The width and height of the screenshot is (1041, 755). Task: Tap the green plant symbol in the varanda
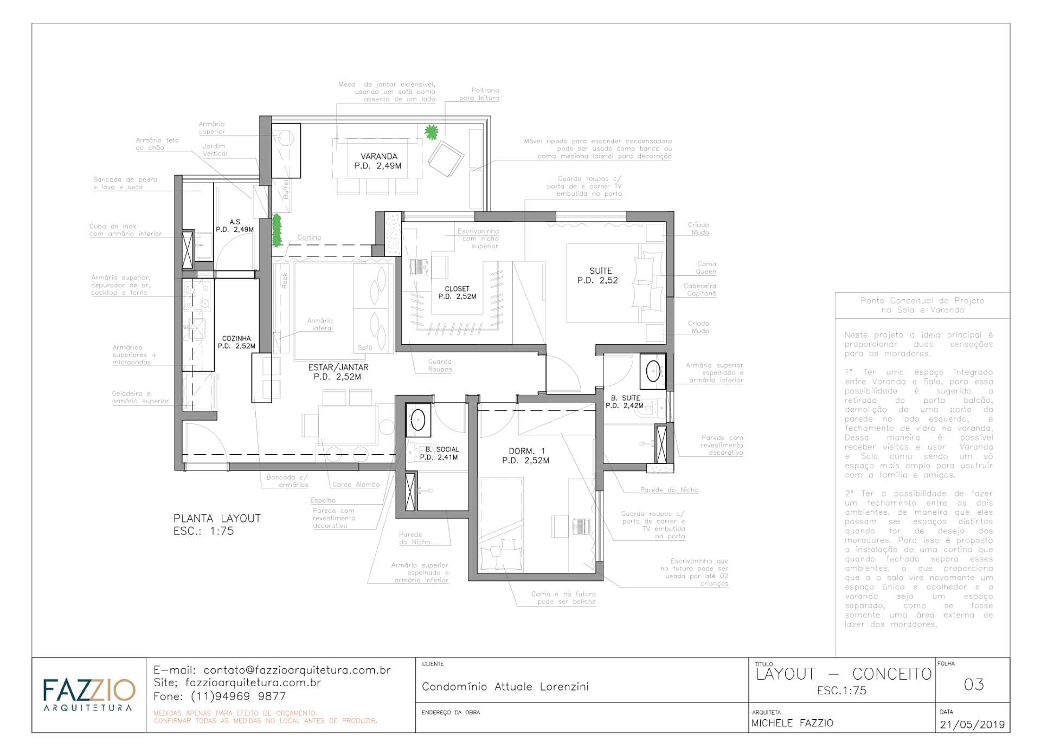pyautogui.click(x=431, y=132)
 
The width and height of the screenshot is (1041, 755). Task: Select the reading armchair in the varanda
pyautogui.click(x=446, y=159)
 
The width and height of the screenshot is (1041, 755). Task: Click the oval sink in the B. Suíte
pyautogui.click(x=653, y=371)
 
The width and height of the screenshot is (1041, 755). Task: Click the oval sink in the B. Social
pyautogui.click(x=418, y=420)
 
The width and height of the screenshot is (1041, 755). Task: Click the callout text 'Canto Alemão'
pyautogui.click(x=356, y=485)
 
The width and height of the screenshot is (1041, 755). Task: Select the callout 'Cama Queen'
pyautogui.click(x=706, y=268)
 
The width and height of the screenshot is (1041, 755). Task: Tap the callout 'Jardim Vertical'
pyautogui.click(x=215, y=150)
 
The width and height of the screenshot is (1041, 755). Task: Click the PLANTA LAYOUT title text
pyautogui.click(x=217, y=519)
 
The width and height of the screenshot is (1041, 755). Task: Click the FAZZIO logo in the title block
pyautogui.click(x=88, y=694)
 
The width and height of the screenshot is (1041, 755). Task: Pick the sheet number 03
pyautogui.click(x=973, y=685)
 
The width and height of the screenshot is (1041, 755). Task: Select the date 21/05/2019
pyautogui.click(x=972, y=725)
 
